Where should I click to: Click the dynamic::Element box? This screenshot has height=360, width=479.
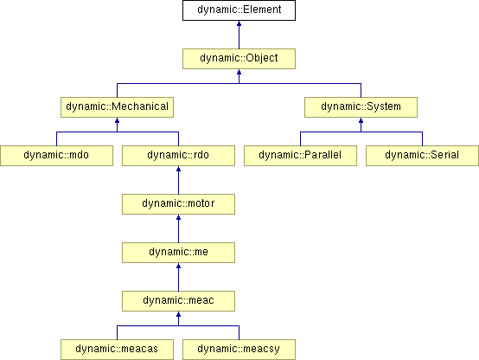[239, 10]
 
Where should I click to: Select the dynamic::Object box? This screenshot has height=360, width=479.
[239, 59]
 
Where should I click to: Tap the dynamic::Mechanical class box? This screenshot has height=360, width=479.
[117, 107]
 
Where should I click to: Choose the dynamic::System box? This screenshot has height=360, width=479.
[361, 107]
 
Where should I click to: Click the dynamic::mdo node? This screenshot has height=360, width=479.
[56, 156]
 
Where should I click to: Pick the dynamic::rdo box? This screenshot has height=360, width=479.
[178, 156]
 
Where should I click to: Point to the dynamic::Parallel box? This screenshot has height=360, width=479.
[300, 156]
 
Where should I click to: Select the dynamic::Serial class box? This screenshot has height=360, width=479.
[422, 156]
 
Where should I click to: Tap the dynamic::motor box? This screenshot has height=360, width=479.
[178, 204]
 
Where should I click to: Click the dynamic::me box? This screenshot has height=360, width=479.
[178, 253]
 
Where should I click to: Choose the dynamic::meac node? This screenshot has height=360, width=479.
[178, 301]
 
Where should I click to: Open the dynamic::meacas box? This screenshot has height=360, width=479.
[117, 350]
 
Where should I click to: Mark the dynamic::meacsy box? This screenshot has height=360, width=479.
[239, 350]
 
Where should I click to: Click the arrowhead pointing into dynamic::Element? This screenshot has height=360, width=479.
[239, 23]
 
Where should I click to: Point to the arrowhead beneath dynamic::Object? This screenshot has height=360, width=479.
[239, 72]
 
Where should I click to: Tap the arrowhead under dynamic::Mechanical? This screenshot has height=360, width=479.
[117, 120]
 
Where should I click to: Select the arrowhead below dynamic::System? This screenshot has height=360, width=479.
[361, 120]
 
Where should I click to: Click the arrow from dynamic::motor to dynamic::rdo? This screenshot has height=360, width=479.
[178, 180]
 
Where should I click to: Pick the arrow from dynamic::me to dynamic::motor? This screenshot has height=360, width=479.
[178, 228]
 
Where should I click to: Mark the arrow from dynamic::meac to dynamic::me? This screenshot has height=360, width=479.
[178, 277]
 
